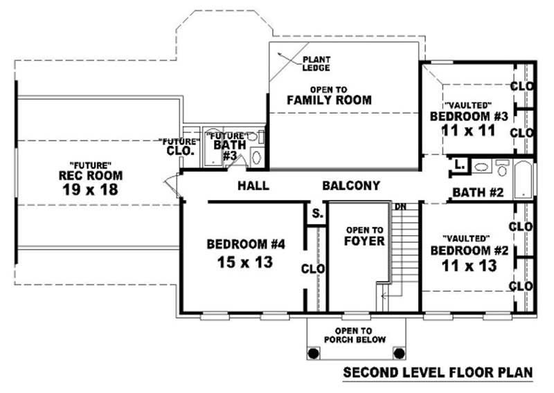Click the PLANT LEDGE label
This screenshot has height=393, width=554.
click(x=315, y=63)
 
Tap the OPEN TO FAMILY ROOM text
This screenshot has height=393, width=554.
click(x=329, y=95)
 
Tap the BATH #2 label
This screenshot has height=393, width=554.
click(x=477, y=192)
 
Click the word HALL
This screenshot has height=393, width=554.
click(x=253, y=185)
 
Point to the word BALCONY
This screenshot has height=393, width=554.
click(x=351, y=185)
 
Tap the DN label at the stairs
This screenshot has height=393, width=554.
click(x=400, y=206)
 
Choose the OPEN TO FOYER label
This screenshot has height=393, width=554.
click(x=364, y=235)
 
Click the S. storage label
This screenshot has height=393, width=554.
click(x=316, y=214)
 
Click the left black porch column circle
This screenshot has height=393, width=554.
click(x=313, y=353)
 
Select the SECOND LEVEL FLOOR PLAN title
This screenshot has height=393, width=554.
click(x=438, y=374)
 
